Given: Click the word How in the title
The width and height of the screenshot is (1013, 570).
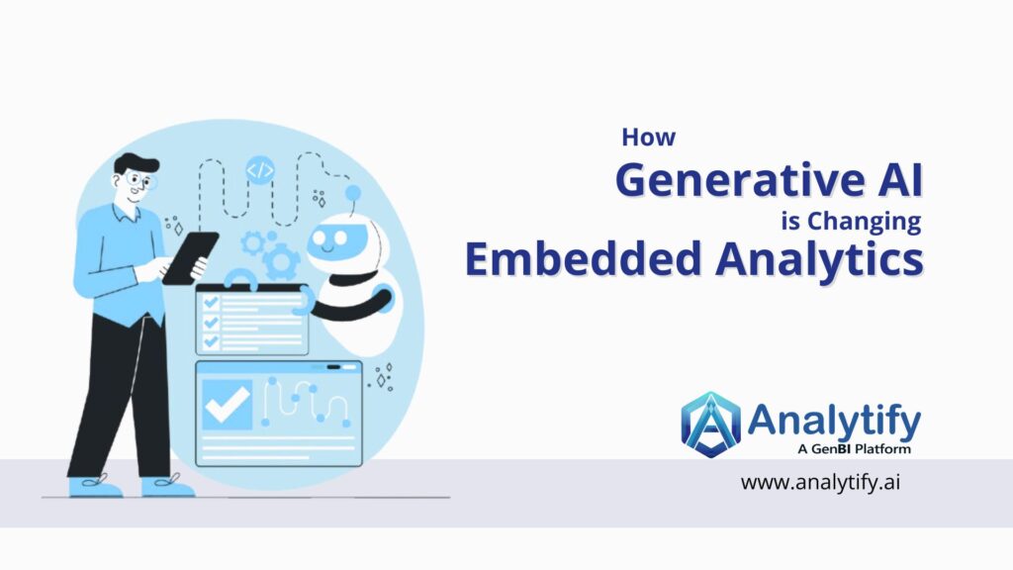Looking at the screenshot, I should (649, 138).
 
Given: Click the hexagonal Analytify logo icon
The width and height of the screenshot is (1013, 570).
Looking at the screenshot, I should (710, 425).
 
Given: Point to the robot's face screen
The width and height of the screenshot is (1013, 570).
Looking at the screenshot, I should (338, 240).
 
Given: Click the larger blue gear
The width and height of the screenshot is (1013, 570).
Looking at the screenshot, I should (281, 261).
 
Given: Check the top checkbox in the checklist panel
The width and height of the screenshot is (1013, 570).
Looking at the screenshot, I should (210, 301).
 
